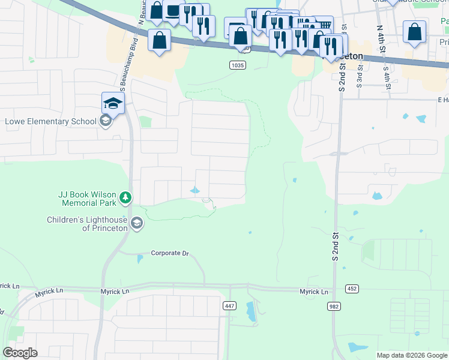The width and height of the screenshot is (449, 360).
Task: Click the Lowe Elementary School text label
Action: pos(50,121)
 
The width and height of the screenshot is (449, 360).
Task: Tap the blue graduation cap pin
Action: pos(113,103)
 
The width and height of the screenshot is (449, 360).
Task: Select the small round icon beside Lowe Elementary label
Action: pos(105,121)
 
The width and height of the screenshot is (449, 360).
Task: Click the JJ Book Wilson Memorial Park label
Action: pos(86,197)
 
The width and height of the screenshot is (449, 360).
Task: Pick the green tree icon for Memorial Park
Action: pos(125,197)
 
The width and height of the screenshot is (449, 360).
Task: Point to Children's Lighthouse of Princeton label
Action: pos(88,224)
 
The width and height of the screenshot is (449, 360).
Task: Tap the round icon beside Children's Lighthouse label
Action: pos(137,223)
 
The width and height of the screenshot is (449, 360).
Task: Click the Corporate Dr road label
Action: pos(170,253)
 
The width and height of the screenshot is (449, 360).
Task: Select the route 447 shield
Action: pos(229,306)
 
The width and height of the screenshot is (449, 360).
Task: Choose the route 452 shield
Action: pos(352,289)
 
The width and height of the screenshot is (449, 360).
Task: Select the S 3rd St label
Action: pos(360,74)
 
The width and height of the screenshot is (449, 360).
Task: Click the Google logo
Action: pos(20,352)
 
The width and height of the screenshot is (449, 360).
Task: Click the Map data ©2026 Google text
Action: pos(412,355)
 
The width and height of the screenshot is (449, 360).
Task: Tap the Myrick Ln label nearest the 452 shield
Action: pos(315,292)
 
